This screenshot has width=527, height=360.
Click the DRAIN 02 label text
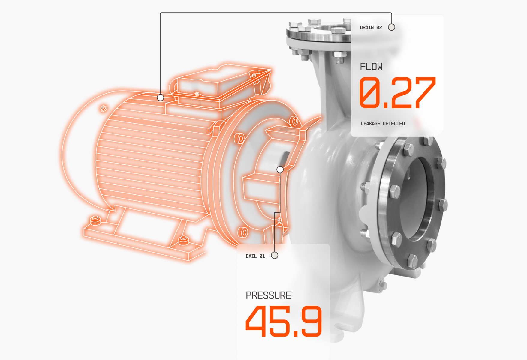[371, 27]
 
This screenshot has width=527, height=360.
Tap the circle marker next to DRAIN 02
[391, 27]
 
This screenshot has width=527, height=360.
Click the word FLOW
[371, 67]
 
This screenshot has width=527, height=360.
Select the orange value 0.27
[397, 93]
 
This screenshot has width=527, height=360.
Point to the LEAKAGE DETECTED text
[383, 124]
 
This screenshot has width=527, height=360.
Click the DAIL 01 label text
[255, 256]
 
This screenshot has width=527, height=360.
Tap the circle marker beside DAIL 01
[274, 255]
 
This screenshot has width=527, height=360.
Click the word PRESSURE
[268, 295]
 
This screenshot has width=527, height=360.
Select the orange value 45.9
[284, 322]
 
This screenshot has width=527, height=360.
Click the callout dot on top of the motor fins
[161, 97]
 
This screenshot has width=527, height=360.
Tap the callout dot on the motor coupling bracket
[280, 169]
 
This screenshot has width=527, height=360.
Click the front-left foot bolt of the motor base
[95, 220]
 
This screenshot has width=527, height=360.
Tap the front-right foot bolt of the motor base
[183, 240]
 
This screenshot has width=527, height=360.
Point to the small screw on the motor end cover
[103, 108]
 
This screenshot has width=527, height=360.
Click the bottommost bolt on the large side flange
[412, 261]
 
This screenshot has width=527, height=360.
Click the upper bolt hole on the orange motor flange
[294, 121]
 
